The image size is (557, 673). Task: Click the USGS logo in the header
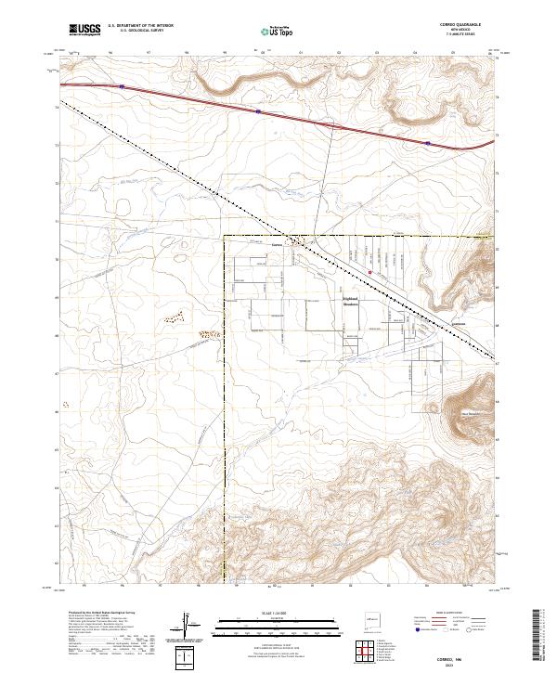(x=83, y=30)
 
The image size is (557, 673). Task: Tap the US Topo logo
(x=266, y=31)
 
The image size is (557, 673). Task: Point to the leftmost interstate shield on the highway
(x=121, y=87)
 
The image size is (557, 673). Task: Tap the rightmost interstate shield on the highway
(x=426, y=143)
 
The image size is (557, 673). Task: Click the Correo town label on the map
(x=276, y=245)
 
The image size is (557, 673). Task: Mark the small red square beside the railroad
(x=370, y=272)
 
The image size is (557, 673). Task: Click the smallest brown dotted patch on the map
(x=65, y=408)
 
